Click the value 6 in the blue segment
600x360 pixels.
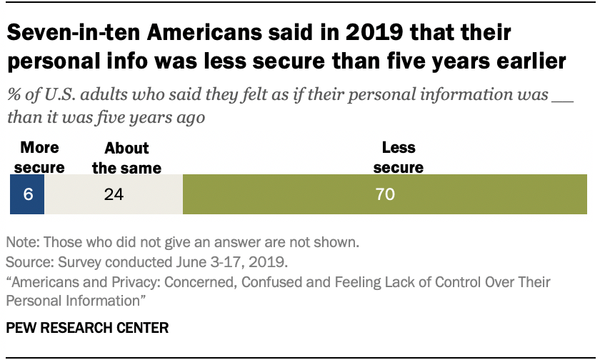[x=27, y=194]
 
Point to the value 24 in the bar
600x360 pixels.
[x=113, y=194]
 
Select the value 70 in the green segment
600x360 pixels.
[x=385, y=194]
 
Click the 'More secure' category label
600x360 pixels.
[x=39, y=158]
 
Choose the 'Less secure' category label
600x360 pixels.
[x=399, y=158]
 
